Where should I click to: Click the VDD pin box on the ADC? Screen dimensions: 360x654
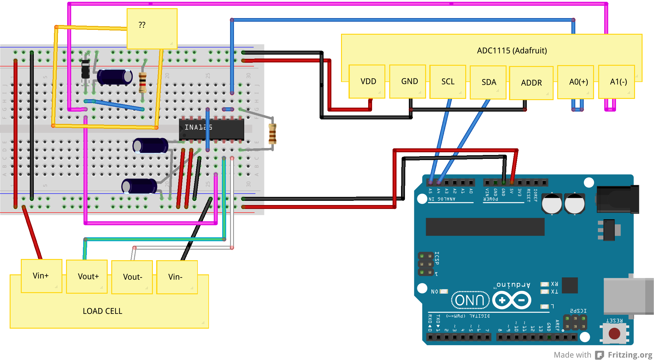coord(367,81)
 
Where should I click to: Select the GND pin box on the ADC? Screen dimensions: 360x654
coord(408,81)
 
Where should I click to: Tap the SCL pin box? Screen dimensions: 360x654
coord(448,82)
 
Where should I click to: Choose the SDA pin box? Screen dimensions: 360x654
coord(488,82)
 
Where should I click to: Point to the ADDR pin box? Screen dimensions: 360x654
coord(531,83)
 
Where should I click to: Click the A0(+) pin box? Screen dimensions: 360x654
coord(576,82)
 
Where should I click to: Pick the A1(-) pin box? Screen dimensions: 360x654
coord(617,82)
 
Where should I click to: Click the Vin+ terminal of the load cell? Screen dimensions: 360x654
coord(42,276)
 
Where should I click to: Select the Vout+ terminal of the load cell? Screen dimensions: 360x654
coord(87,276)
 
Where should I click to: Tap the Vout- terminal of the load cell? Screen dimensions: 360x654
coord(132,277)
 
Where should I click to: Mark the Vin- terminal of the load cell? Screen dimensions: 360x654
coord(177,277)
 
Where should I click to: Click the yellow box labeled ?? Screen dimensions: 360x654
coord(152,29)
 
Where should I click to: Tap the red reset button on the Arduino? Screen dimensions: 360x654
coord(614,333)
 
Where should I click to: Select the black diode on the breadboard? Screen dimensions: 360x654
coord(86,69)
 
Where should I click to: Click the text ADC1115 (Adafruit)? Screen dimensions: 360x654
coord(512,51)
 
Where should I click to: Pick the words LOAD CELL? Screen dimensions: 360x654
coord(103,311)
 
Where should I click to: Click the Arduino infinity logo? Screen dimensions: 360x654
coord(512,300)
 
